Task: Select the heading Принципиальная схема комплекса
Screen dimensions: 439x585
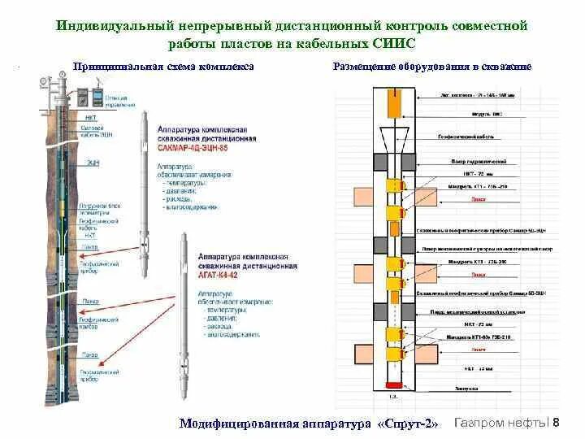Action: [x=163, y=67]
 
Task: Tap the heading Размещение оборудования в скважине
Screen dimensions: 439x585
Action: [x=432, y=67]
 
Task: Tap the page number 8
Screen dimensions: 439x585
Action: [x=556, y=422]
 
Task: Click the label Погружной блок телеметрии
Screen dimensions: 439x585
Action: [x=97, y=205]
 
